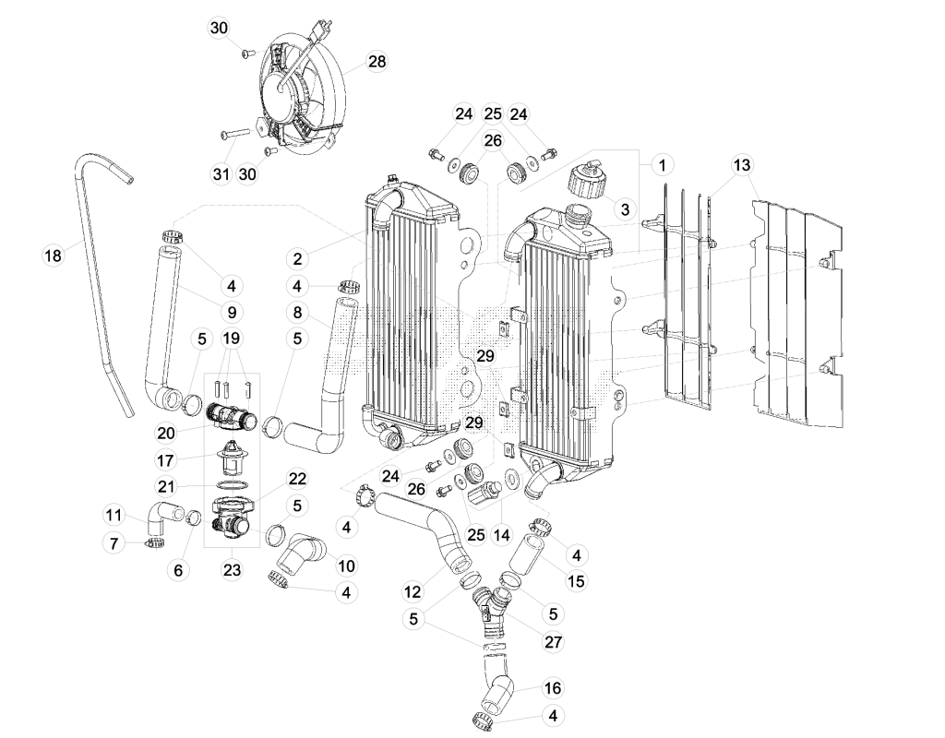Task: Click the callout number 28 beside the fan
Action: coord(377,62)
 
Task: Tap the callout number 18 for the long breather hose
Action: coord(53,256)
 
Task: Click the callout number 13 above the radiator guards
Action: coord(742,164)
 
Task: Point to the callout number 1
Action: coord(663,164)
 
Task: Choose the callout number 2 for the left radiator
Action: coord(297,259)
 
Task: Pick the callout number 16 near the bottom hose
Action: coord(553,688)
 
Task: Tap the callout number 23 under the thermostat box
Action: coord(232,569)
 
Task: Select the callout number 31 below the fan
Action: coord(221,174)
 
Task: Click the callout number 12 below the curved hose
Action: coord(413,591)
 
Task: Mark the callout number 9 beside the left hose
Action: coord(232,312)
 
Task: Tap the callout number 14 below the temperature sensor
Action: coord(501,534)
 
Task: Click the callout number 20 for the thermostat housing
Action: coord(166,433)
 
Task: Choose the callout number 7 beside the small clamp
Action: coord(114,543)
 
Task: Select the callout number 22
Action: coord(297,479)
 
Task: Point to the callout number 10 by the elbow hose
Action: coord(346,565)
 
